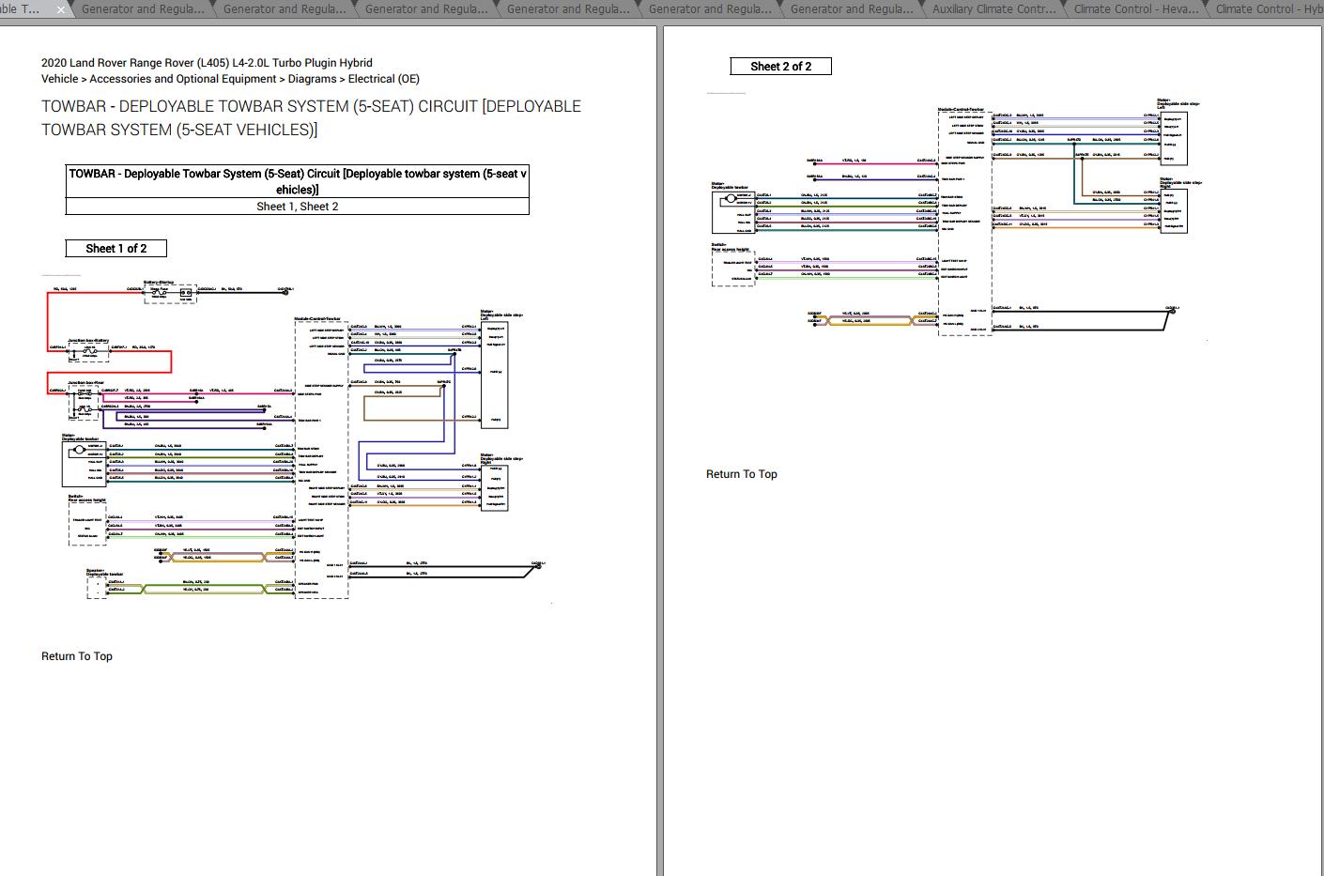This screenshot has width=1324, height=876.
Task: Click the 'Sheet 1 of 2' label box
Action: click(116, 249)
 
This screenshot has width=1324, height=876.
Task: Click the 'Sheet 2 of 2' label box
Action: click(780, 67)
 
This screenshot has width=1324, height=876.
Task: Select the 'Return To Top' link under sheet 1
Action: click(77, 656)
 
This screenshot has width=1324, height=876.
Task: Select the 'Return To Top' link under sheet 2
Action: click(742, 474)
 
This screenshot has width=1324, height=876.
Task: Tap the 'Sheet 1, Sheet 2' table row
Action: click(297, 207)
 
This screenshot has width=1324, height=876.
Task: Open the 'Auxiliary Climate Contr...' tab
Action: click(993, 9)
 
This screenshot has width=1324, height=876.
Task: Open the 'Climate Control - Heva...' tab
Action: click(1135, 9)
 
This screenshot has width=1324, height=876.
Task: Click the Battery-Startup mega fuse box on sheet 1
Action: click(171, 294)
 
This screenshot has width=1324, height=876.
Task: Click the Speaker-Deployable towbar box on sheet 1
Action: click(97, 587)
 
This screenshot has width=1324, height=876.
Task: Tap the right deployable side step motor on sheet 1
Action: click(494, 487)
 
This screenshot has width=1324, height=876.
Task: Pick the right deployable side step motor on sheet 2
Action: click(1174, 210)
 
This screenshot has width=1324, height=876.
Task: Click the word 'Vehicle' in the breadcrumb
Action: click(60, 79)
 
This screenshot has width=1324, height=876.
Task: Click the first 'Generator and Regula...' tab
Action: click(143, 9)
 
